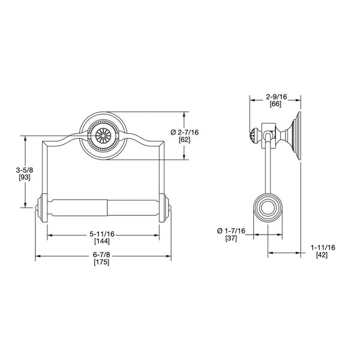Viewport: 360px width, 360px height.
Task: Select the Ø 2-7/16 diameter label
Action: coord(186,131)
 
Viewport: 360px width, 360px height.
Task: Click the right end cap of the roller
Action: coord(165,208)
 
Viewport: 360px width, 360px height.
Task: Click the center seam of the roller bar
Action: coord(107,208)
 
